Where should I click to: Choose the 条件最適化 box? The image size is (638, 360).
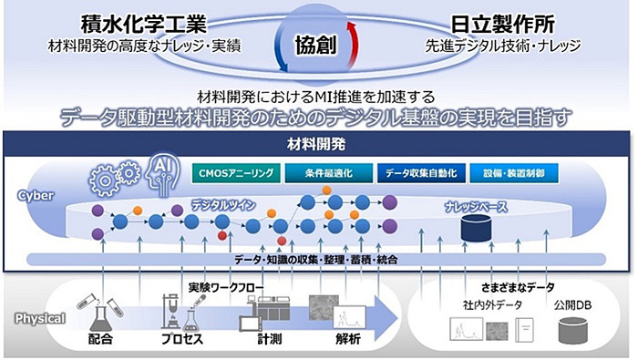[x=324, y=170]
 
